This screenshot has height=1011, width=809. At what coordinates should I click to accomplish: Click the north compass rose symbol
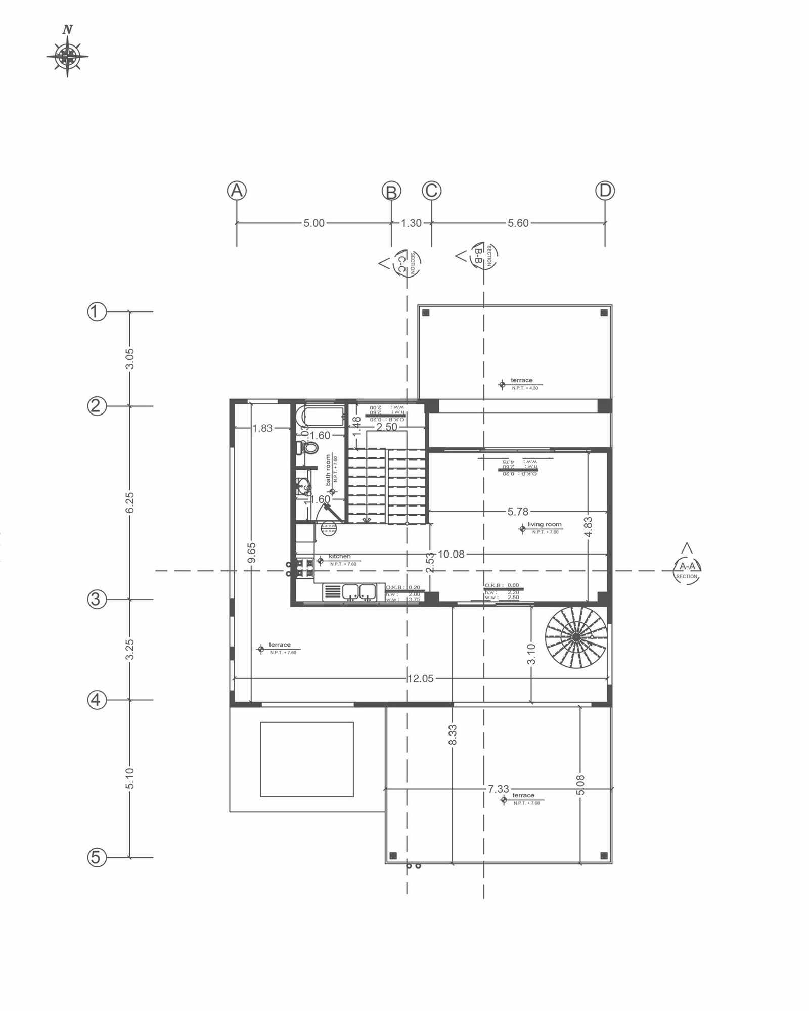(67, 56)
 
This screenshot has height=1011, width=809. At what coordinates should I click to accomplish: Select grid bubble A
(237, 191)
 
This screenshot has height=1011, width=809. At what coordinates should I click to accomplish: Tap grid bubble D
(605, 191)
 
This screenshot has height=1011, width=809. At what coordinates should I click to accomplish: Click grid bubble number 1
(97, 312)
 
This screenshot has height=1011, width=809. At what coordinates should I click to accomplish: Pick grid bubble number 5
(97, 857)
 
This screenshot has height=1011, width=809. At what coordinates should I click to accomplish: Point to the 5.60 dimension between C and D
(518, 223)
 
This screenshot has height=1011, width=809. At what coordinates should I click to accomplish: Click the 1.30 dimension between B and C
(411, 223)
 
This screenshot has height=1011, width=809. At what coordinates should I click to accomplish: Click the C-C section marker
(406, 263)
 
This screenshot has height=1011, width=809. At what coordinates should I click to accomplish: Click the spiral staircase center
(575, 637)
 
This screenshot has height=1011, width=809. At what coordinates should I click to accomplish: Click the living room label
(544, 524)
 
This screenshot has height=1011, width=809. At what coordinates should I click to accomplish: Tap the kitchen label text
(339, 556)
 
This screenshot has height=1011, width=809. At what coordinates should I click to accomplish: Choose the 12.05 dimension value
(420, 678)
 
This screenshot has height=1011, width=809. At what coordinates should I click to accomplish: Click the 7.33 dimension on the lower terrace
(499, 789)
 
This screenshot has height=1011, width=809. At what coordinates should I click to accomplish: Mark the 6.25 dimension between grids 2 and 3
(130, 502)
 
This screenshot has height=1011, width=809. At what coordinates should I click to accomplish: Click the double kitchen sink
(358, 591)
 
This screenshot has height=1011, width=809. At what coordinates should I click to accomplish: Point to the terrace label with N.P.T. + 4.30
(521, 380)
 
